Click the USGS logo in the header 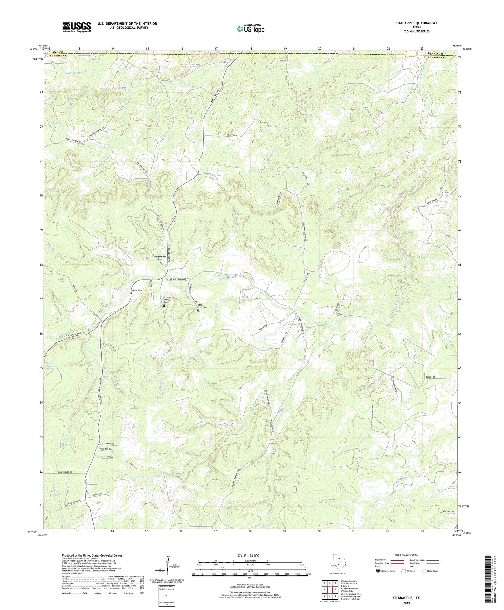[x=76, y=27]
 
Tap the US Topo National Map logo [x=250, y=29]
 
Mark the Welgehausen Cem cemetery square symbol [x=161, y=263]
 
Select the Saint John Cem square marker [x=198, y=311]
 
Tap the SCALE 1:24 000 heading [x=250, y=555]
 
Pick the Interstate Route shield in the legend [x=378, y=571]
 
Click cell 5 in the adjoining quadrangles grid [x=335, y=589]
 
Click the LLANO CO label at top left [x=56, y=52]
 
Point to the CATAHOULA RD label [x=448, y=512]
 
